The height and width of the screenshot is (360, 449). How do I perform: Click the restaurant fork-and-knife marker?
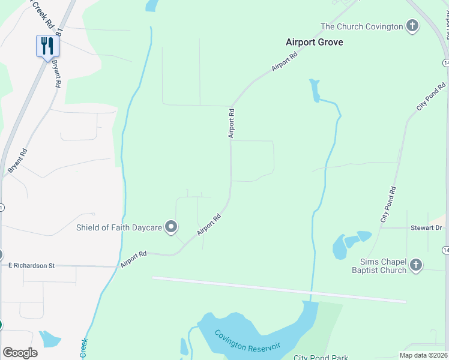coord(47,46)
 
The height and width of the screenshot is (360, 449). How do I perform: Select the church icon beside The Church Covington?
coord(412,26)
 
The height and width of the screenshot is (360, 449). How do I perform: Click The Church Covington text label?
coord(361,26)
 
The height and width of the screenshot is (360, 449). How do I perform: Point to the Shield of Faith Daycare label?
coord(119,227)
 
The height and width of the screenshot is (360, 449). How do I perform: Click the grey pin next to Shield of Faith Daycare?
coord(171,227)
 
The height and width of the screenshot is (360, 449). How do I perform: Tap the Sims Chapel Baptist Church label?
coord(383,266)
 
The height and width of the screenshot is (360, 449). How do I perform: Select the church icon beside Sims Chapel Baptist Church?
coord(415,265)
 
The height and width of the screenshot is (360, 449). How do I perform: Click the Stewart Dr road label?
coord(427,228)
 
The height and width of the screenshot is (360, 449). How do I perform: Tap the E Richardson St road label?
coord(31,265)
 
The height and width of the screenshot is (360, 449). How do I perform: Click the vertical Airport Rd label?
coord(231,123)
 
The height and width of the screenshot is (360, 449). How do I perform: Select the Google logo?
coord(20,353)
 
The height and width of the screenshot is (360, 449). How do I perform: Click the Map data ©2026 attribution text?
coord(423,355)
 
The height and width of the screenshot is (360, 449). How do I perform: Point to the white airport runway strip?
coord(279,289)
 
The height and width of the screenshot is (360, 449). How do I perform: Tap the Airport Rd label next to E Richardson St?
coord(133,259)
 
